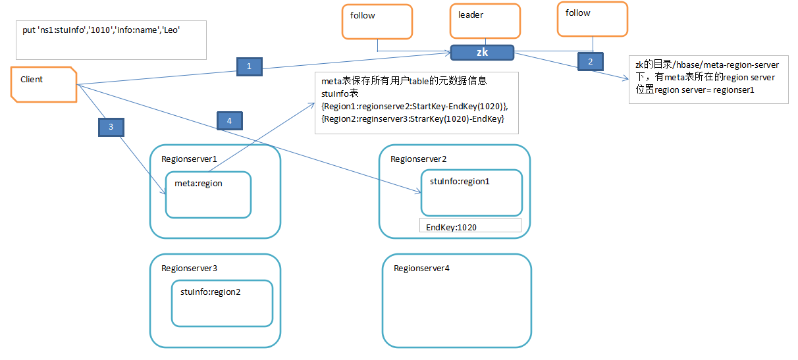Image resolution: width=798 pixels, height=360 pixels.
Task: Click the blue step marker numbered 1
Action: pyautogui.click(x=249, y=66)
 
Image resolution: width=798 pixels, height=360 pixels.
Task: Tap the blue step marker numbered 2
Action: pyautogui.click(x=590, y=61)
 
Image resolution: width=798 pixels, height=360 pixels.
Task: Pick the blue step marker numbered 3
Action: pyautogui.click(x=111, y=126)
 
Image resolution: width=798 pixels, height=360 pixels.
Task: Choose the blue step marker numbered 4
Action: pyautogui.click(x=229, y=120)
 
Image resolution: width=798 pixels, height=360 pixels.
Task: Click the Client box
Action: pyautogui.click(x=44, y=84)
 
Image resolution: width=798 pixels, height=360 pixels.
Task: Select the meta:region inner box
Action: pyautogui.click(x=208, y=194)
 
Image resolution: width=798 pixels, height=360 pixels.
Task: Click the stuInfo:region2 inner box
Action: pyautogui.click(x=222, y=303)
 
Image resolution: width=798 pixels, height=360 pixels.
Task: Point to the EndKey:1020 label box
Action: pyautogui.click(x=470, y=226)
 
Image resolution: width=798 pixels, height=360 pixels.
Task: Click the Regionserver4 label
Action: pyautogui.click(x=421, y=269)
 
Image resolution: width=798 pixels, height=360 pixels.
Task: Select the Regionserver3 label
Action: pyautogui.click(x=189, y=269)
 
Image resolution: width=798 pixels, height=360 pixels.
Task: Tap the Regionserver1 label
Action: pyautogui.click(x=189, y=159)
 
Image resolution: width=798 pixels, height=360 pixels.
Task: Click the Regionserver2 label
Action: pyautogui.click(x=419, y=159)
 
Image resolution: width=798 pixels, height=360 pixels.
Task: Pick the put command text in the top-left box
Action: pyautogui.click(x=101, y=30)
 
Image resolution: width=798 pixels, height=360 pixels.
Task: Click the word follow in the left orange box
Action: pyautogui.click(x=363, y=15)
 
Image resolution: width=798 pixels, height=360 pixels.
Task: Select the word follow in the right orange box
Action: pyautogui.click(x=578, y=13)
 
